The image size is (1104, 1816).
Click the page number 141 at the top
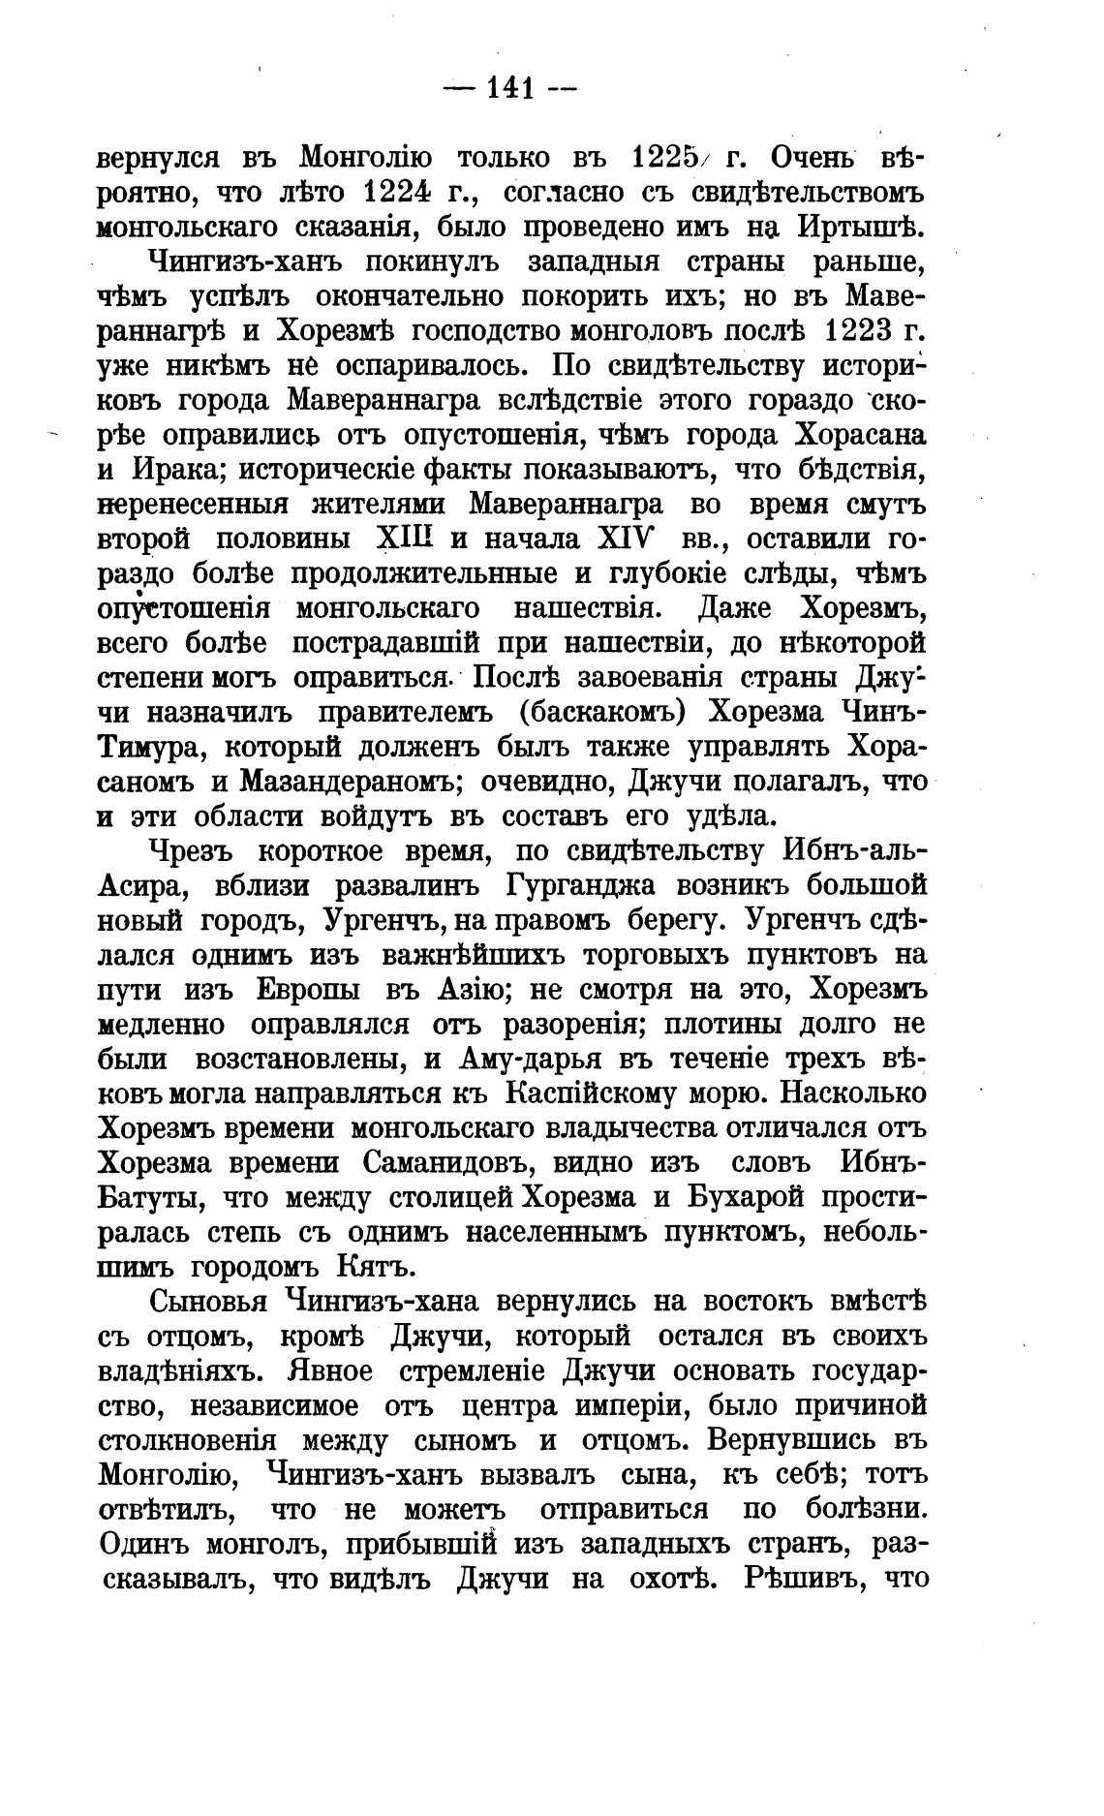pos(510,89)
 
